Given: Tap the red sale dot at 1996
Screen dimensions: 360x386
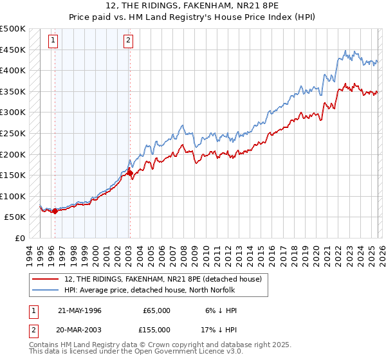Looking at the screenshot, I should pos(55,211).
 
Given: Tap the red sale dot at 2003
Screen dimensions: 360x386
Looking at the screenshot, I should pos(130,173).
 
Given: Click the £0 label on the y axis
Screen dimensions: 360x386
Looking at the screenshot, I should pos(19,238).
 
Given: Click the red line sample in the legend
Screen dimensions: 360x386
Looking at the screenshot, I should pos(46,279).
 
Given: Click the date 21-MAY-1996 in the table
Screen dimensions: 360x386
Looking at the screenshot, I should pos(80,310).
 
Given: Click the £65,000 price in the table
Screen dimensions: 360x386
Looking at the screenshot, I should pos(156,310).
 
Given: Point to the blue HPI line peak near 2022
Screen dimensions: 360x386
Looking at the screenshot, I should pos(345,51).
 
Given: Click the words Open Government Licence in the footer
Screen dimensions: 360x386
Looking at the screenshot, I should pos(182,352).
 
